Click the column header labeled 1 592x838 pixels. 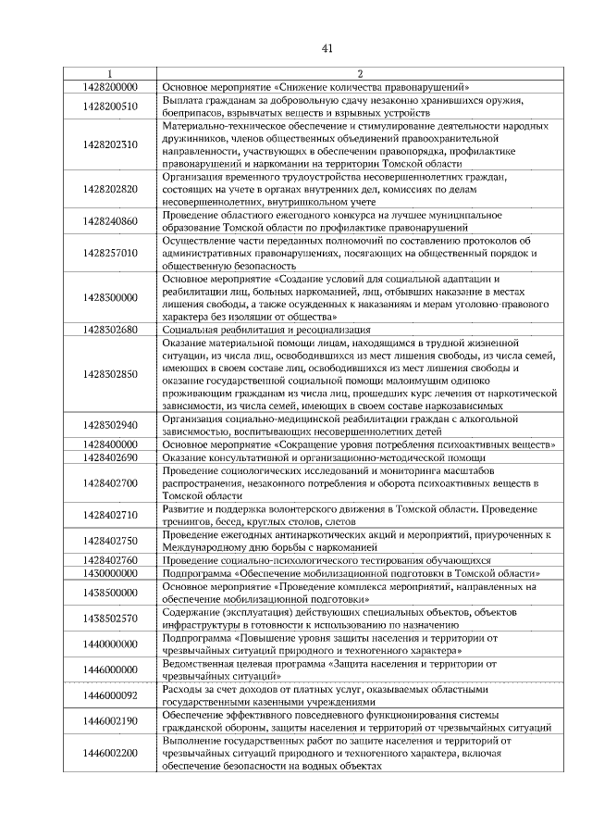(110, 73)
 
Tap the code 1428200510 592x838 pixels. (110, 106)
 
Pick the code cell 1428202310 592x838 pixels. (110, 144)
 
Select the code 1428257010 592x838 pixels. (110, 252)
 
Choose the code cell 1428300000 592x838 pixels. (110, 297)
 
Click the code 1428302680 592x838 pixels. (110, 329)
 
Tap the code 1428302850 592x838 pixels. (110, 374)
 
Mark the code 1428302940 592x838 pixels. (110, 425)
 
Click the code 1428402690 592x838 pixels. (110, 457)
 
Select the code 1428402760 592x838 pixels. (110, 560)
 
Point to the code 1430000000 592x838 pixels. (110, 573)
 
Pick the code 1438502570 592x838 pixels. (110, 618)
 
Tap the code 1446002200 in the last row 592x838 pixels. (110, 753)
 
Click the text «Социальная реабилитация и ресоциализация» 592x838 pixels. (266, 329)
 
